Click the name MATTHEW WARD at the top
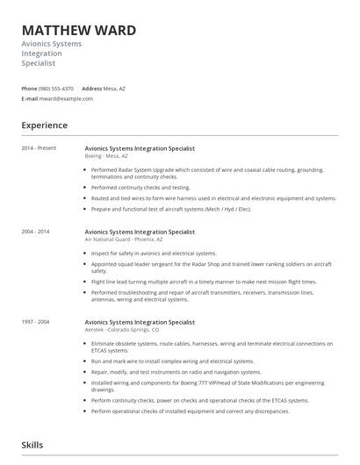point(79,31)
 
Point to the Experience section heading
point(45,125)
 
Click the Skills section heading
point(33,447)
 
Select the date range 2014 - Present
point(39,148)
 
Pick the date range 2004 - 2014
point(36,232)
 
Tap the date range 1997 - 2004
point(36,322)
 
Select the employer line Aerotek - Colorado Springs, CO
point(122,330)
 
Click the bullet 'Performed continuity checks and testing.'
point(140,187)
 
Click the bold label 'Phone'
point(29,89)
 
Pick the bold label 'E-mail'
point(29,99)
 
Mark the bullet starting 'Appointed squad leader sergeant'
point(211,267)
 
